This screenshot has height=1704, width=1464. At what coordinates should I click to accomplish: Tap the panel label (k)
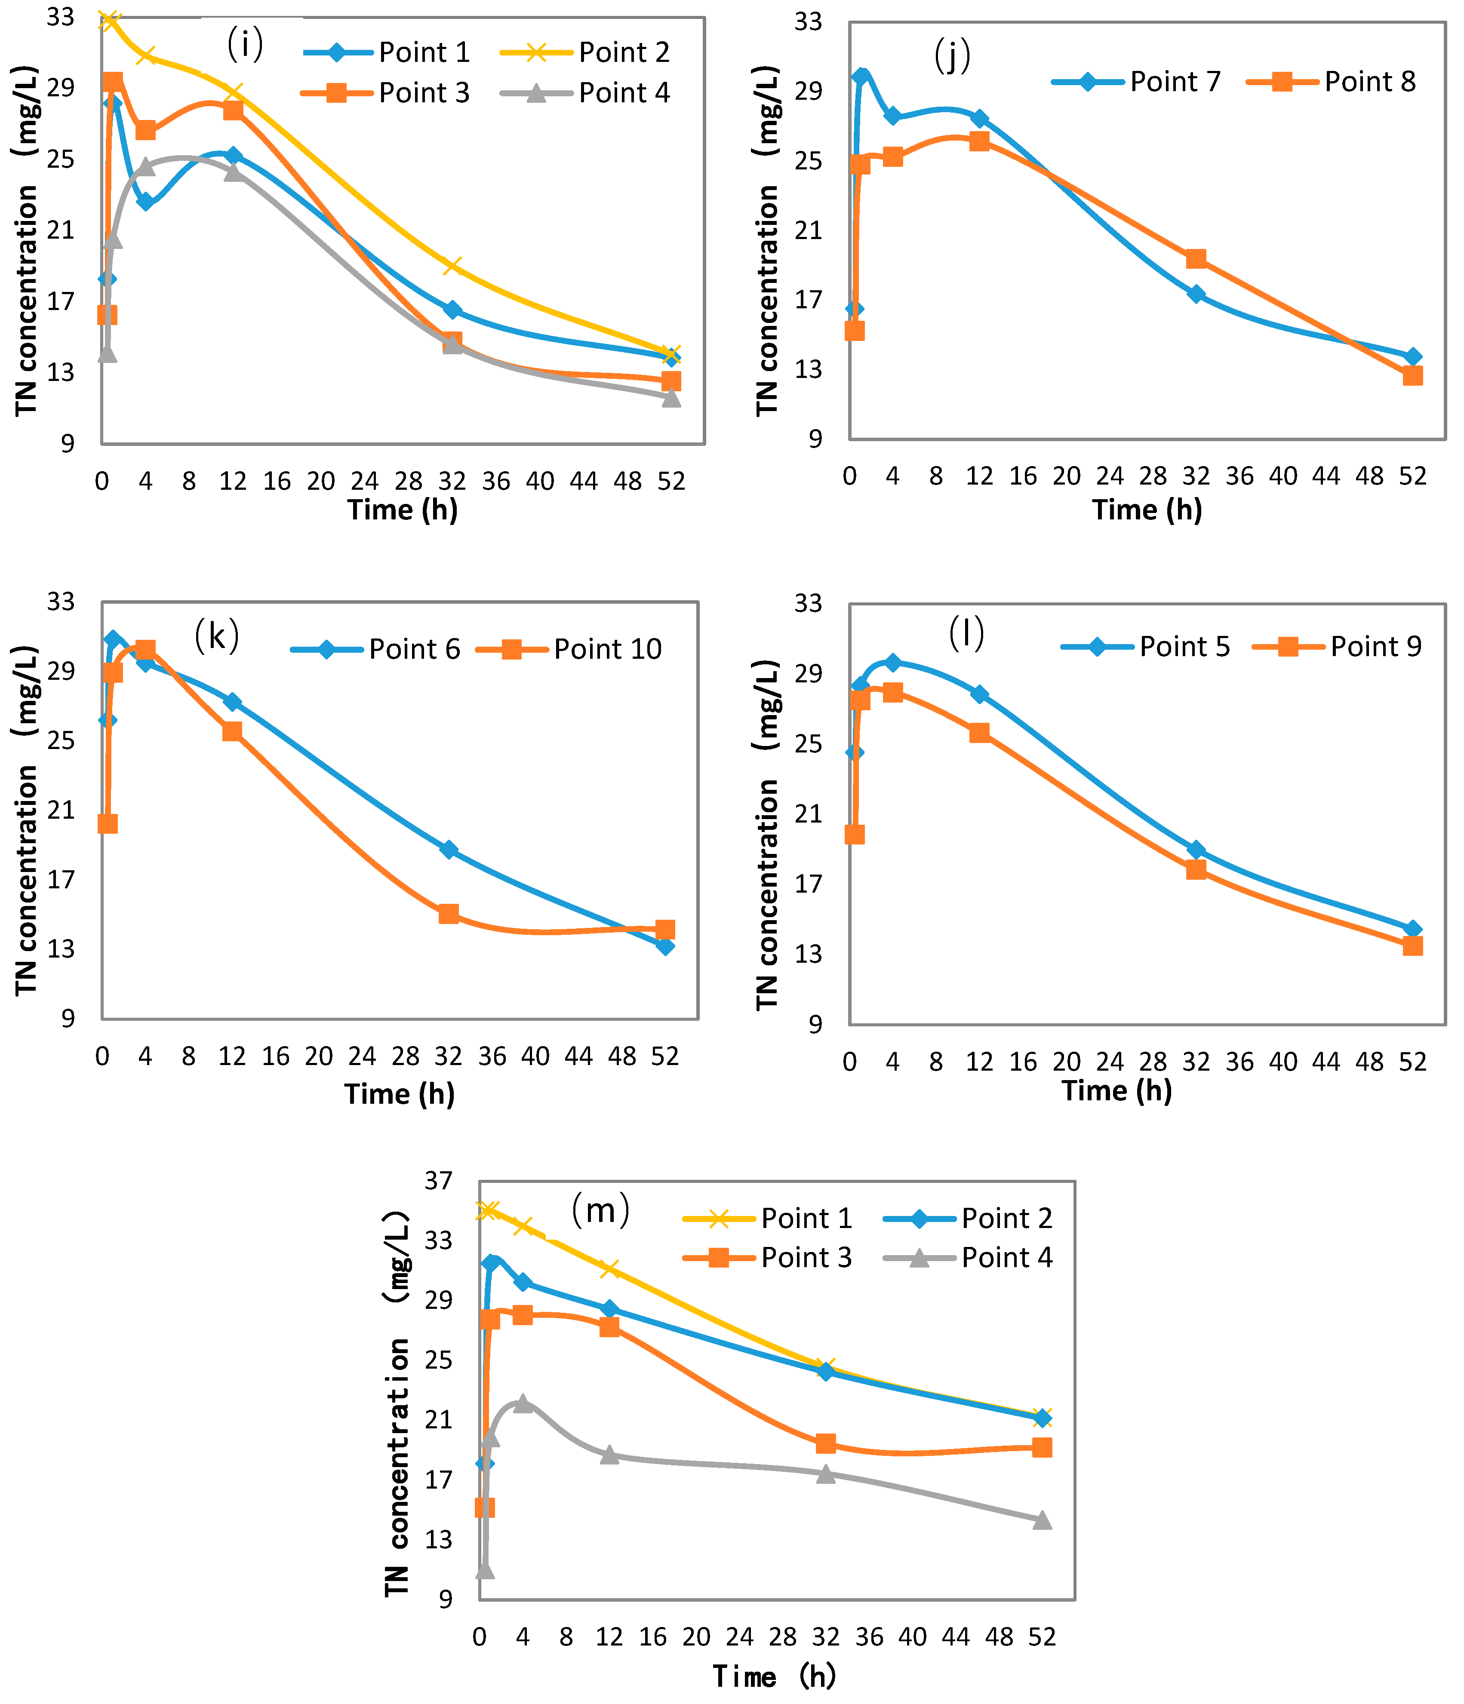click(x=216, y=636)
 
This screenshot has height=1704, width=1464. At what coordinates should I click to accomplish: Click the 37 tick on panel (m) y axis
click(x=438, y=1181)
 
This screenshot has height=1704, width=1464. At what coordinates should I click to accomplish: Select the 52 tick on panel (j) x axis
click(x=1412, y=476)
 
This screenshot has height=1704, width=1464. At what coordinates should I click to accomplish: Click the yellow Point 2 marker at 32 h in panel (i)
click(x=452, y=266)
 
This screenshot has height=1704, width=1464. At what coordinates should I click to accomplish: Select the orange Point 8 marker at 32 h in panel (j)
click(x=1196, y=259)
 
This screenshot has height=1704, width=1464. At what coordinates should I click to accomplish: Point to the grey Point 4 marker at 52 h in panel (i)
click(x=671, y=397)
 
